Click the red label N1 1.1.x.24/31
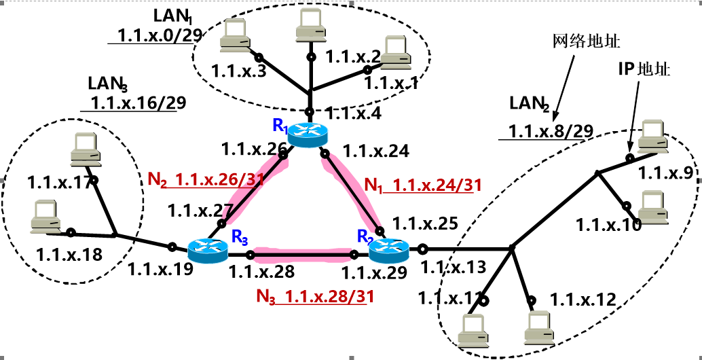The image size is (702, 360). (x=418, y=185)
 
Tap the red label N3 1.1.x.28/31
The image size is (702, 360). (x=315, y=296)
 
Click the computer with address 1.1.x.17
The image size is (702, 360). (x=86, y=149)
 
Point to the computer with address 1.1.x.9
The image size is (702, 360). (x=653, y=135)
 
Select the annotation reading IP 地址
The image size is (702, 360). (x=644, y=69)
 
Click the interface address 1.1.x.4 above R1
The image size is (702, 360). (x=353, y=114)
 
